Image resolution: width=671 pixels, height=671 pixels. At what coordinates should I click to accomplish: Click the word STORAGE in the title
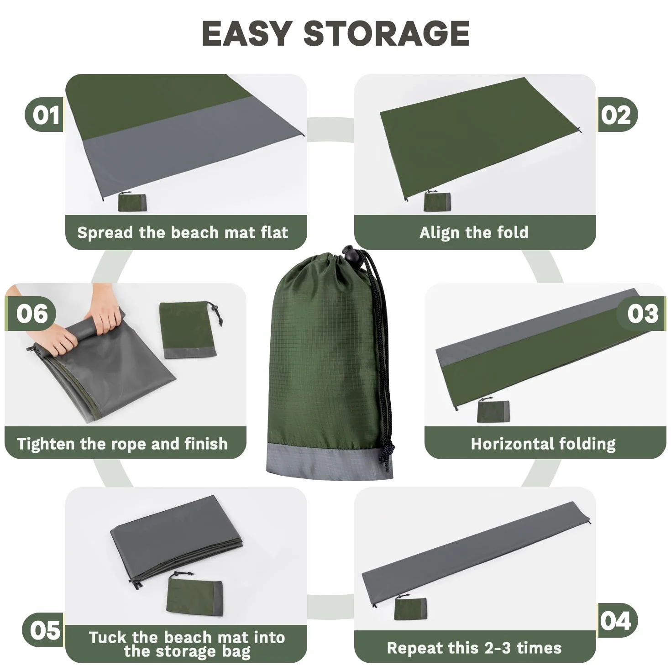tap(387, 33)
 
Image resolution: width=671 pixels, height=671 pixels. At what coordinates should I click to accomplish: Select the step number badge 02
tap(618, 115)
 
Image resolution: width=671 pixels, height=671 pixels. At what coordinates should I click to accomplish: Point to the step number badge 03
tap(641, 313)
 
